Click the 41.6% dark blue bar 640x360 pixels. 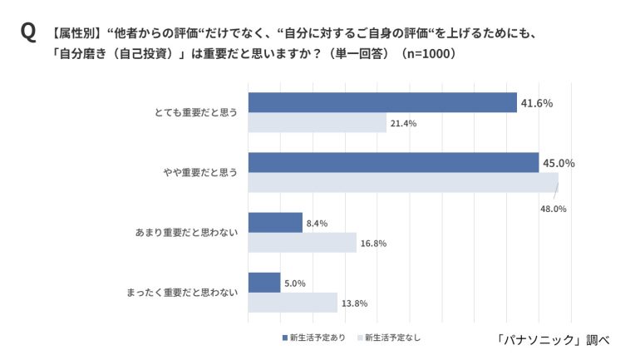[x=382, y=102]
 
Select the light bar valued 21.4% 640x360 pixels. [x=318, y=123]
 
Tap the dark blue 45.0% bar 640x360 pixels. [x=393, y=163]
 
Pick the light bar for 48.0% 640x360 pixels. [x=403, y=183]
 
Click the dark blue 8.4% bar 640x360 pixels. [x=275, y=223]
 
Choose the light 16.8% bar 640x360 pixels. [x=303, y=243]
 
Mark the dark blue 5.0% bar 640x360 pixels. [x=264, y=283]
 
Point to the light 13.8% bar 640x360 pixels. [x=293, y=303]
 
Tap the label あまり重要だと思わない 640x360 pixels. [x=187, y=233]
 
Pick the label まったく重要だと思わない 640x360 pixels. [x=182, y=293]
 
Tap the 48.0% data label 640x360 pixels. [x=552, y=209]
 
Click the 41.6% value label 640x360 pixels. [x=536, y=103]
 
